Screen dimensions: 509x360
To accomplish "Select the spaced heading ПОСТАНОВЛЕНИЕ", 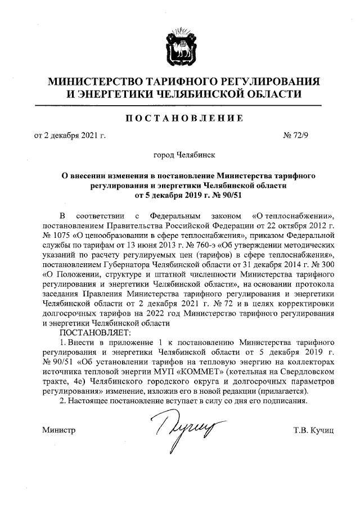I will click(179, 118).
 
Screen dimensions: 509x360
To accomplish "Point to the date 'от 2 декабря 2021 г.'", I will click(70, 136).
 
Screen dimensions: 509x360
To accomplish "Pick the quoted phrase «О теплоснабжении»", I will click(287, 215).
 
